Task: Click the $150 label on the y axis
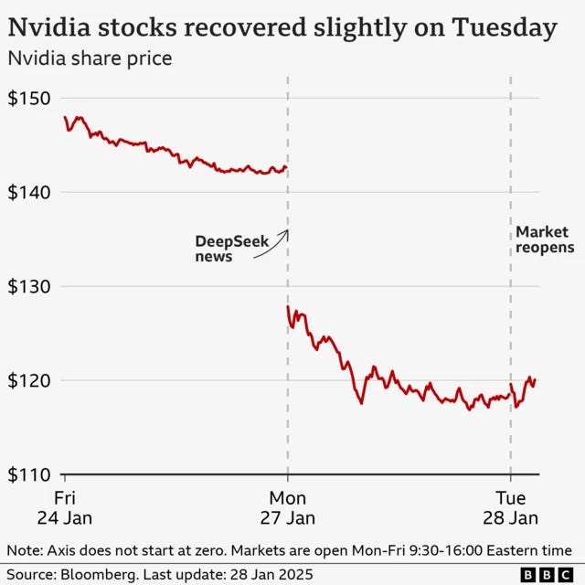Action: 28,98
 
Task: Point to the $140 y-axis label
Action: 28,192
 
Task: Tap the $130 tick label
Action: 28,286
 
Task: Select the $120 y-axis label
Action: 28,380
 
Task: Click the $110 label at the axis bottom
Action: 28,474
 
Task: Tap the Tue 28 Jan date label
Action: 511,507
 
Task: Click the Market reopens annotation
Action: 545,239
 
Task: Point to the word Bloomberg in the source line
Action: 98,574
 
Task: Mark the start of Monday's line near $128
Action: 288,306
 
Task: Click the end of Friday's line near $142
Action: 286,168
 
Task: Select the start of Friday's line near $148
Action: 65,117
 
